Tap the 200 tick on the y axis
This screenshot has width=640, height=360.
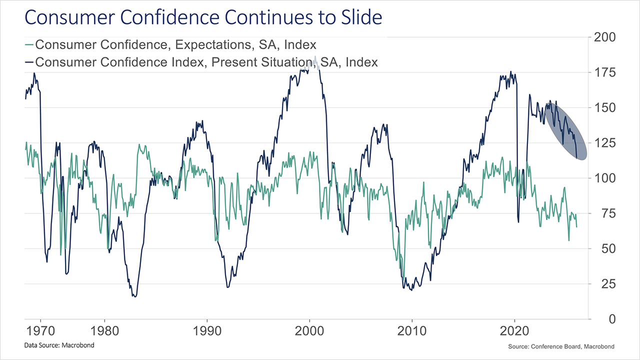pos(604,37)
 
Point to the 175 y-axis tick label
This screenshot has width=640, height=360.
pos(604,73)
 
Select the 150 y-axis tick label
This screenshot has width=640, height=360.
pos(604,108)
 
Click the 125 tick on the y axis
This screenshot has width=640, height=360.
pos(604,143)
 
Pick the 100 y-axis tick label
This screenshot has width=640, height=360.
pos(604,178)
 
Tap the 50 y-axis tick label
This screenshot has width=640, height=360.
pos(601,248)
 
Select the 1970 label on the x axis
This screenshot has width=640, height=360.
pos(40,332)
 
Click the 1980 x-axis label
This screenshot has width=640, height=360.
pos(105,332)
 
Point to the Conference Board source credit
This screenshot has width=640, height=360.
pos(559,346)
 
